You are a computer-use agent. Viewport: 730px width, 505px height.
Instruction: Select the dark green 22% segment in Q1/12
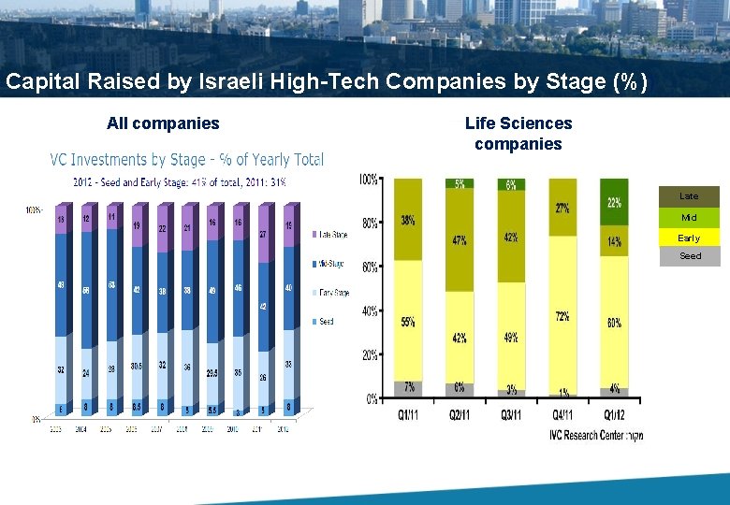614,202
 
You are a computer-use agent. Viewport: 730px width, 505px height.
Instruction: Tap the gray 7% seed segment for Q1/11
408,387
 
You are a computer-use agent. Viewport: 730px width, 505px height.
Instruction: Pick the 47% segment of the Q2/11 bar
460,240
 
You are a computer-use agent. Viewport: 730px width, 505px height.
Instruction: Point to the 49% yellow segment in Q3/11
511,337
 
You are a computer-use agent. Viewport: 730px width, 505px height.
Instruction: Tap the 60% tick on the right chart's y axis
370,267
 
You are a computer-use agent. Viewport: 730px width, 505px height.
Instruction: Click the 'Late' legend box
689,196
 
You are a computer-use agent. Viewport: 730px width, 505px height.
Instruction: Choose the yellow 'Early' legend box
689,238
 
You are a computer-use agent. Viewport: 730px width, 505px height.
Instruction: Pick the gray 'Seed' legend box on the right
689,256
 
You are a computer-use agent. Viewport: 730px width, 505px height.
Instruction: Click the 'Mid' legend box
689,217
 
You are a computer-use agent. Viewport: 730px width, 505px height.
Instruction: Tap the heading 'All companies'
163,123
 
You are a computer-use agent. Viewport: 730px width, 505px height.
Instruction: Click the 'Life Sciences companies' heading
518,134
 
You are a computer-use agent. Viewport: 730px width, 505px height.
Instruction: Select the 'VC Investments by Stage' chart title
186,160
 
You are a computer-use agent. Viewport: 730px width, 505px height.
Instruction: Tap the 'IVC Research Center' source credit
595,435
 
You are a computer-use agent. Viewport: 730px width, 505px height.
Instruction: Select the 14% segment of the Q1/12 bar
614,241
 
